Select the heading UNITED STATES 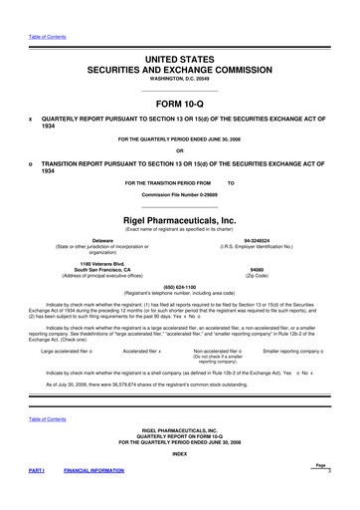point(180,33)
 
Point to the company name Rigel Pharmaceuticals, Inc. point(180,219)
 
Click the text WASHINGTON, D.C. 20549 point(180,56)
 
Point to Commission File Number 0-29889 point(180,196)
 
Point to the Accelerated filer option point(142,352)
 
